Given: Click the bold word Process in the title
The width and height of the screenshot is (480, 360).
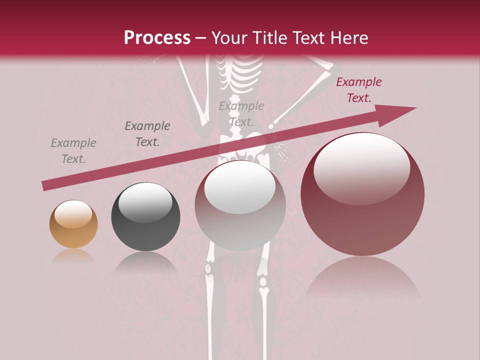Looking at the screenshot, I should pyautogui.click(x=157, y=38).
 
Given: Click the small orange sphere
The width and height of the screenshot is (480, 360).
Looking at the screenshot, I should pyautogui.click(x=73, y=224).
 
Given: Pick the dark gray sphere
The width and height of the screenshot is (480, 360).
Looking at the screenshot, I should pyautogui.click(x=145, y=216).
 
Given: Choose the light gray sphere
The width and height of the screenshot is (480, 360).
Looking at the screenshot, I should pyautogui.click(x=240, y=205).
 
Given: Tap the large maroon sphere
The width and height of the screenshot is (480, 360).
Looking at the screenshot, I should pyautogui.click(x=362, y=194).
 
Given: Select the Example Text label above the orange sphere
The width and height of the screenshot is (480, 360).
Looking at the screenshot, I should pyautogui.click(x=73, y=151).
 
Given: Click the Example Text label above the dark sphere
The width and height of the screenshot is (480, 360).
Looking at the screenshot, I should pyautogui.click(x=147, y=134).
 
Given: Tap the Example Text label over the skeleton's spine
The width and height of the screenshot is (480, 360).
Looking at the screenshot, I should pyautogui.click(x=241, y=113).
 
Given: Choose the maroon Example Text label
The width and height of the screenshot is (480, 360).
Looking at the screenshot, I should pyautogui.click(x=359, y=90).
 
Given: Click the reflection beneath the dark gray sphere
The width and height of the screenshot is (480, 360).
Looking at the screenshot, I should pyautogui.click(x=145, y=262).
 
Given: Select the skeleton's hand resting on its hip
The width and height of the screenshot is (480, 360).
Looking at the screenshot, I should pyautogui.click(x=279, y=147).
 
